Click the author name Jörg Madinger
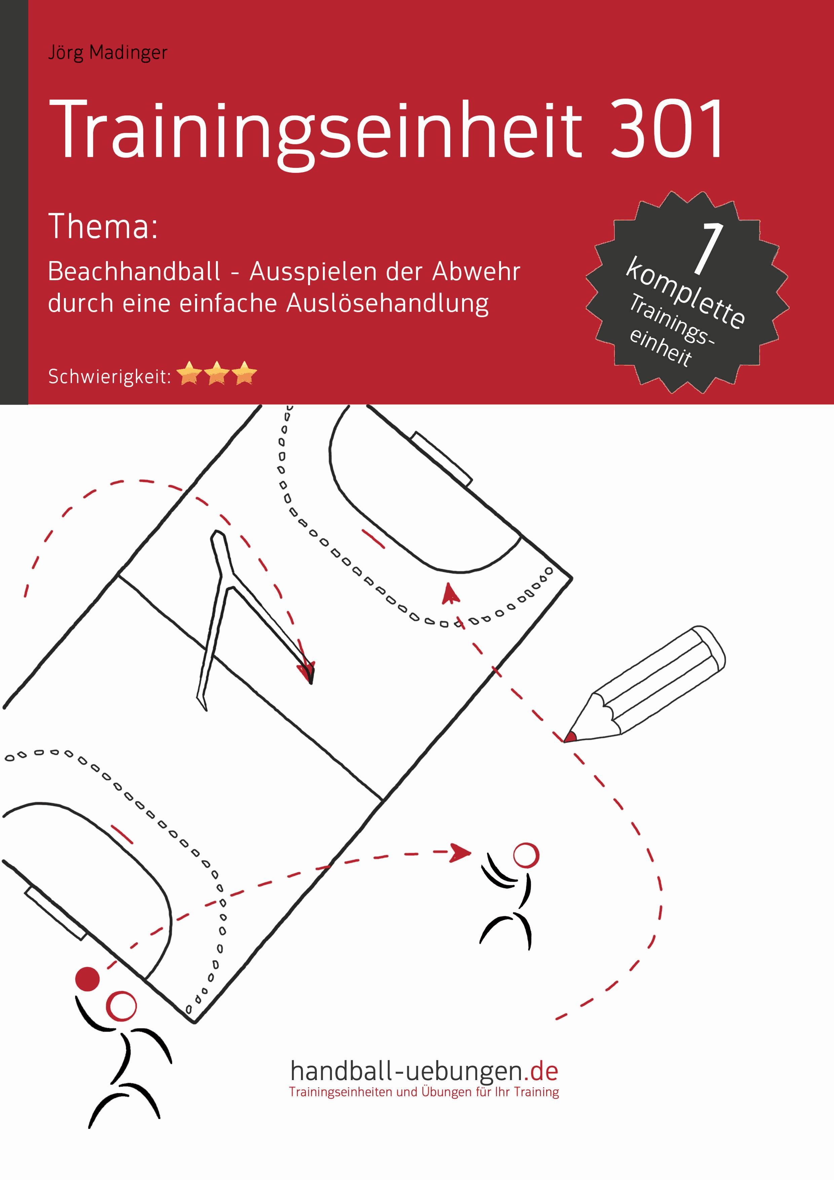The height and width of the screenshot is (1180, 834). coord(107,53)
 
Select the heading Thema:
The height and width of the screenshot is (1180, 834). coord(103,227)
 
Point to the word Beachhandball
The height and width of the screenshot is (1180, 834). coord(134,271)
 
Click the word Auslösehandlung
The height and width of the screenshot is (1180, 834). coord(387,303)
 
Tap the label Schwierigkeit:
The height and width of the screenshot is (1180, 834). coord(109,377)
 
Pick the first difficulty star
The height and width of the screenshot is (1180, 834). coord(190,373)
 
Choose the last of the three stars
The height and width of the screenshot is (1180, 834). coord(244,373)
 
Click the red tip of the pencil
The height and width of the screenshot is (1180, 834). coord(569,737)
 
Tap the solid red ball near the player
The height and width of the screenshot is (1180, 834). coord(87,979)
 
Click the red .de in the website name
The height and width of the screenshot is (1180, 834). coord(544,1072)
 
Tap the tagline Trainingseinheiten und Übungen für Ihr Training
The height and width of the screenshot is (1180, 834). coord(424,1092)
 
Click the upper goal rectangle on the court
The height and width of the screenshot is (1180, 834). coord(442,459)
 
